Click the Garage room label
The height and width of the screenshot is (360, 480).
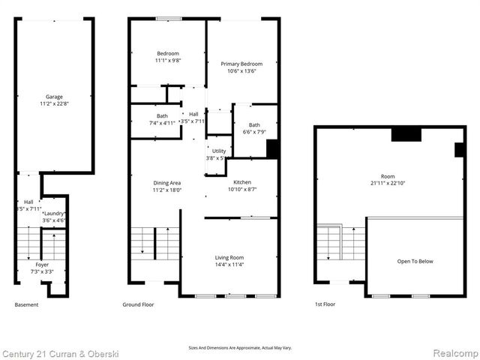coord(53,96)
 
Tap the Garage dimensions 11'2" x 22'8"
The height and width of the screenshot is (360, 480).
coord(53,103)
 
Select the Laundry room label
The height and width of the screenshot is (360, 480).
coord(54,213)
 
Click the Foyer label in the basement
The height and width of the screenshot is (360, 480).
coord(43,265)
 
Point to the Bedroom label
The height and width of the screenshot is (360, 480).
coord(167,53)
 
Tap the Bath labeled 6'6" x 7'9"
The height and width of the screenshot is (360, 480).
coord(254,125)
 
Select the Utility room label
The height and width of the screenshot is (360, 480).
coord(218,151)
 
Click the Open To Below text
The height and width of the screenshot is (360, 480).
coord(415,261)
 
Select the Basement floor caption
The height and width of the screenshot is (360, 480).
coord(26,304)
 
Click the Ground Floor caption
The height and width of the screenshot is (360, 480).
coord(138,304)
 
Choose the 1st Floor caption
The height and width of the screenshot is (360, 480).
coord(325,304)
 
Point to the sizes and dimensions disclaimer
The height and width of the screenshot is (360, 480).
coord(239,348)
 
